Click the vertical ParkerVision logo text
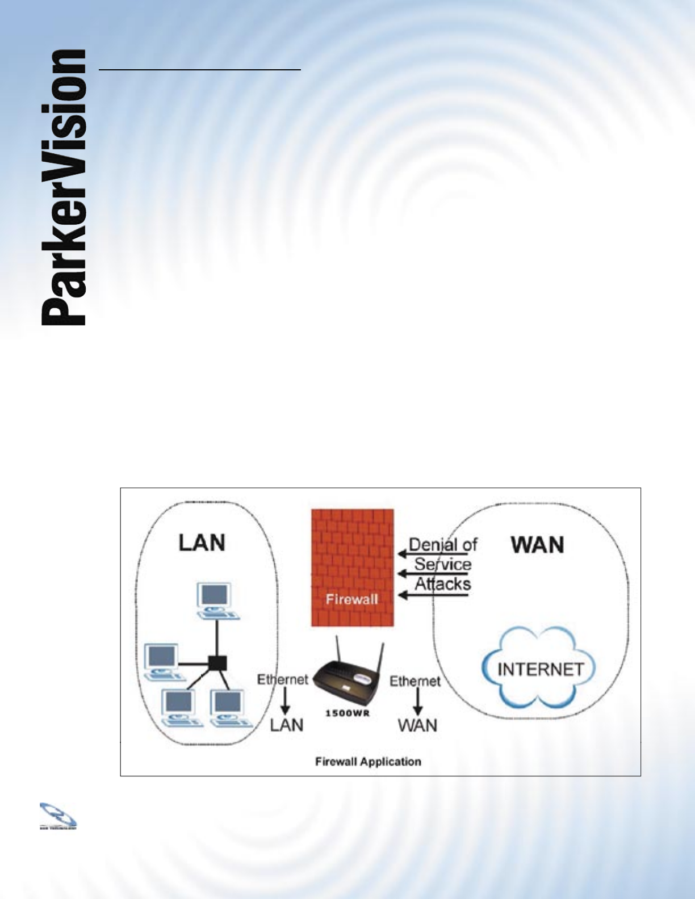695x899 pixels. tap(64, 188)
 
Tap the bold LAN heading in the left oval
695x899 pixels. tap(202, 543)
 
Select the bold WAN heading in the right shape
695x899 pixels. tap(537, 545)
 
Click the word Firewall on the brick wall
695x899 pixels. tap(352, 599)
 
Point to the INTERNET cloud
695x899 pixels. tap(539, 669)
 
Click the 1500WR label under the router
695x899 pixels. tap(347, 713)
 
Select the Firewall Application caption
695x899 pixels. tap(368, 762)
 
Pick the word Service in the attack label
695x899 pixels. tap(443, 564)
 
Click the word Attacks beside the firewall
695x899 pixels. tap(443, 583)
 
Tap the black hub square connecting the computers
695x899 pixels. tap(217, 662)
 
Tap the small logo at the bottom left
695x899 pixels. tap(58, 816)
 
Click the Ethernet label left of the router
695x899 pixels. tap(282, 679)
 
